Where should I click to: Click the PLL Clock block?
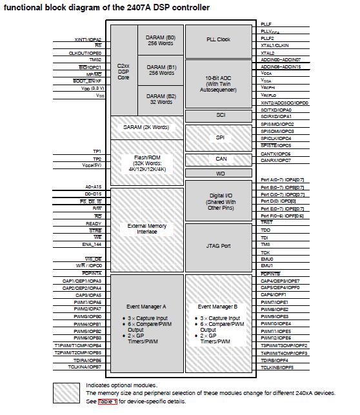218,39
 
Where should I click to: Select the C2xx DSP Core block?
123,71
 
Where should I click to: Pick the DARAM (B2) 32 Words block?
161,99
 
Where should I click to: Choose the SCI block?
221,115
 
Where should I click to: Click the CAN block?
221,159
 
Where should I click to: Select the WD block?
221,174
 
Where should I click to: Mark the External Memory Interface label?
146,228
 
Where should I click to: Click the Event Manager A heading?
146,307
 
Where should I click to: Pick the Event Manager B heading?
218,307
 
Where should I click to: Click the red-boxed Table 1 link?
107,401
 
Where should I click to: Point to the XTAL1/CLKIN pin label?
275,46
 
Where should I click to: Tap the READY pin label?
94,223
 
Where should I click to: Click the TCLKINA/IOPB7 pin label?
86,367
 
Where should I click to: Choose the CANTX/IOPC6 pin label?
275,154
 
